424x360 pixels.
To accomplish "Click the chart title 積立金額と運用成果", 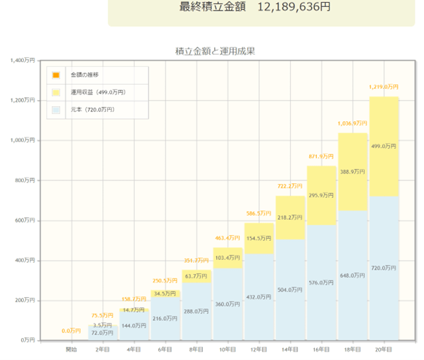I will coord(215,51).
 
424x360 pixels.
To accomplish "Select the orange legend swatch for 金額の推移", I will coord(56,75).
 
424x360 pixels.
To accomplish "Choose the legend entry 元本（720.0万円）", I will coord(92,110).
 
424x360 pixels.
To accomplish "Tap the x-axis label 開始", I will coord(72,349).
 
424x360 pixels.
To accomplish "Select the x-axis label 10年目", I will coord(227,349).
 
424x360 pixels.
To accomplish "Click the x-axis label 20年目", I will coord(383,349).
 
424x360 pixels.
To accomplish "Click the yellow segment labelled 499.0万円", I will coord(383,147).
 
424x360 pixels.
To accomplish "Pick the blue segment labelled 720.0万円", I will coord(383,268).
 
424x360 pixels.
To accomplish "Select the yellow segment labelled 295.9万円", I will coord(321,195).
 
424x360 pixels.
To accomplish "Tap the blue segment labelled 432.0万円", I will coord(259,297).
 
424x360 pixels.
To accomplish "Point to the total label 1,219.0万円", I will coord(383,87).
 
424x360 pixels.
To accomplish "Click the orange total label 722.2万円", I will coord(290,186).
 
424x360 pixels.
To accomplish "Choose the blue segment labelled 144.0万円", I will coord(134,325).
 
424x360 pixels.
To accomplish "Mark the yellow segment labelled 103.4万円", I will coord(227,259).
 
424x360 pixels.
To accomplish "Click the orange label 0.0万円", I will coord(71,330).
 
